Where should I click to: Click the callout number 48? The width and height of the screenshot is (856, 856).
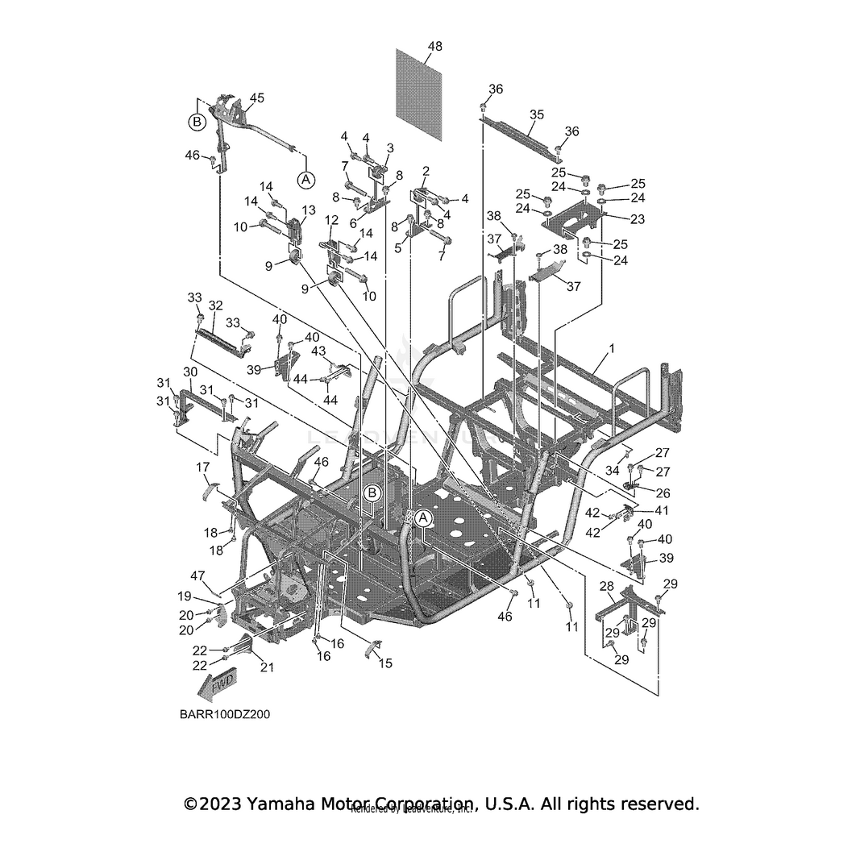click(434, 47)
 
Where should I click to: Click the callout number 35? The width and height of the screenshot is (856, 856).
click(537, 115)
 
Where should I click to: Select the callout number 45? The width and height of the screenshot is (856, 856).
click(256, 98)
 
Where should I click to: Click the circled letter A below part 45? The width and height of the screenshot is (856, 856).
click(305, 179)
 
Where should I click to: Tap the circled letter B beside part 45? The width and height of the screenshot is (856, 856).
click(196, 123)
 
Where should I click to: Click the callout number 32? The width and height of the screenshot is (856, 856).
click(215, 305)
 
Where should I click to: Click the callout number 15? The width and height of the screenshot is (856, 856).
click(385, 663)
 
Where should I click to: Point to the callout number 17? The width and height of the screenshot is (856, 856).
click(202, 467)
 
